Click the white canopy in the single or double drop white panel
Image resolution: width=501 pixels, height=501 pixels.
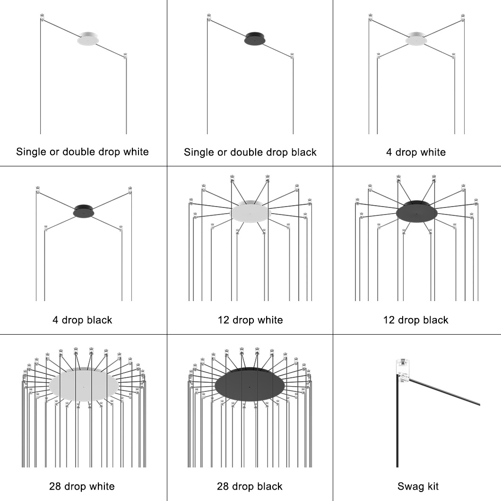[87, 39]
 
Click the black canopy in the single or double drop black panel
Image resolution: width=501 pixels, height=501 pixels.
[255, 39]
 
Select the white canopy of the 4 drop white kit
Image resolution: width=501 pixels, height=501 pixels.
[416, 40]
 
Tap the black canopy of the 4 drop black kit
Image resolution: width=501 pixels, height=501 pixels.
[84, 211]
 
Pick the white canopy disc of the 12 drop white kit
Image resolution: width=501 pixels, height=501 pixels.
[250, 212]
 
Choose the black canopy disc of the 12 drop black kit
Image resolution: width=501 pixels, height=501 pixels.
[416, 212]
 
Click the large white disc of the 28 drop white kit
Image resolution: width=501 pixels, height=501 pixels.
[84, 385]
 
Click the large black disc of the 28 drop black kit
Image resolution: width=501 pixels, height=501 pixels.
[250, 385]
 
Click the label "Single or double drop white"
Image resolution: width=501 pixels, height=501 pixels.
[82, 152]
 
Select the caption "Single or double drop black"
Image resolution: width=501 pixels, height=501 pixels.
[250, 152]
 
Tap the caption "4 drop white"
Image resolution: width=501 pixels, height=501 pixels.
[416, 152]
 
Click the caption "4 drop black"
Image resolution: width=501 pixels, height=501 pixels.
[82, 320]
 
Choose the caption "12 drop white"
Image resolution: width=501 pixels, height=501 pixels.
[250, 320]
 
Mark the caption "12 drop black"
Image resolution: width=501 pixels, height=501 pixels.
[416, 320]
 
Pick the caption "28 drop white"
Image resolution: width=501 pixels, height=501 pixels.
[82, 486]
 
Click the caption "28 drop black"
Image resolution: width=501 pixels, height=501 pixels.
[250, 486]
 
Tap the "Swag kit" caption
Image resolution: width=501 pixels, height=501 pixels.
[418, 486]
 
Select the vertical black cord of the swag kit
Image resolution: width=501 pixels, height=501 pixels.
[396, 425]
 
